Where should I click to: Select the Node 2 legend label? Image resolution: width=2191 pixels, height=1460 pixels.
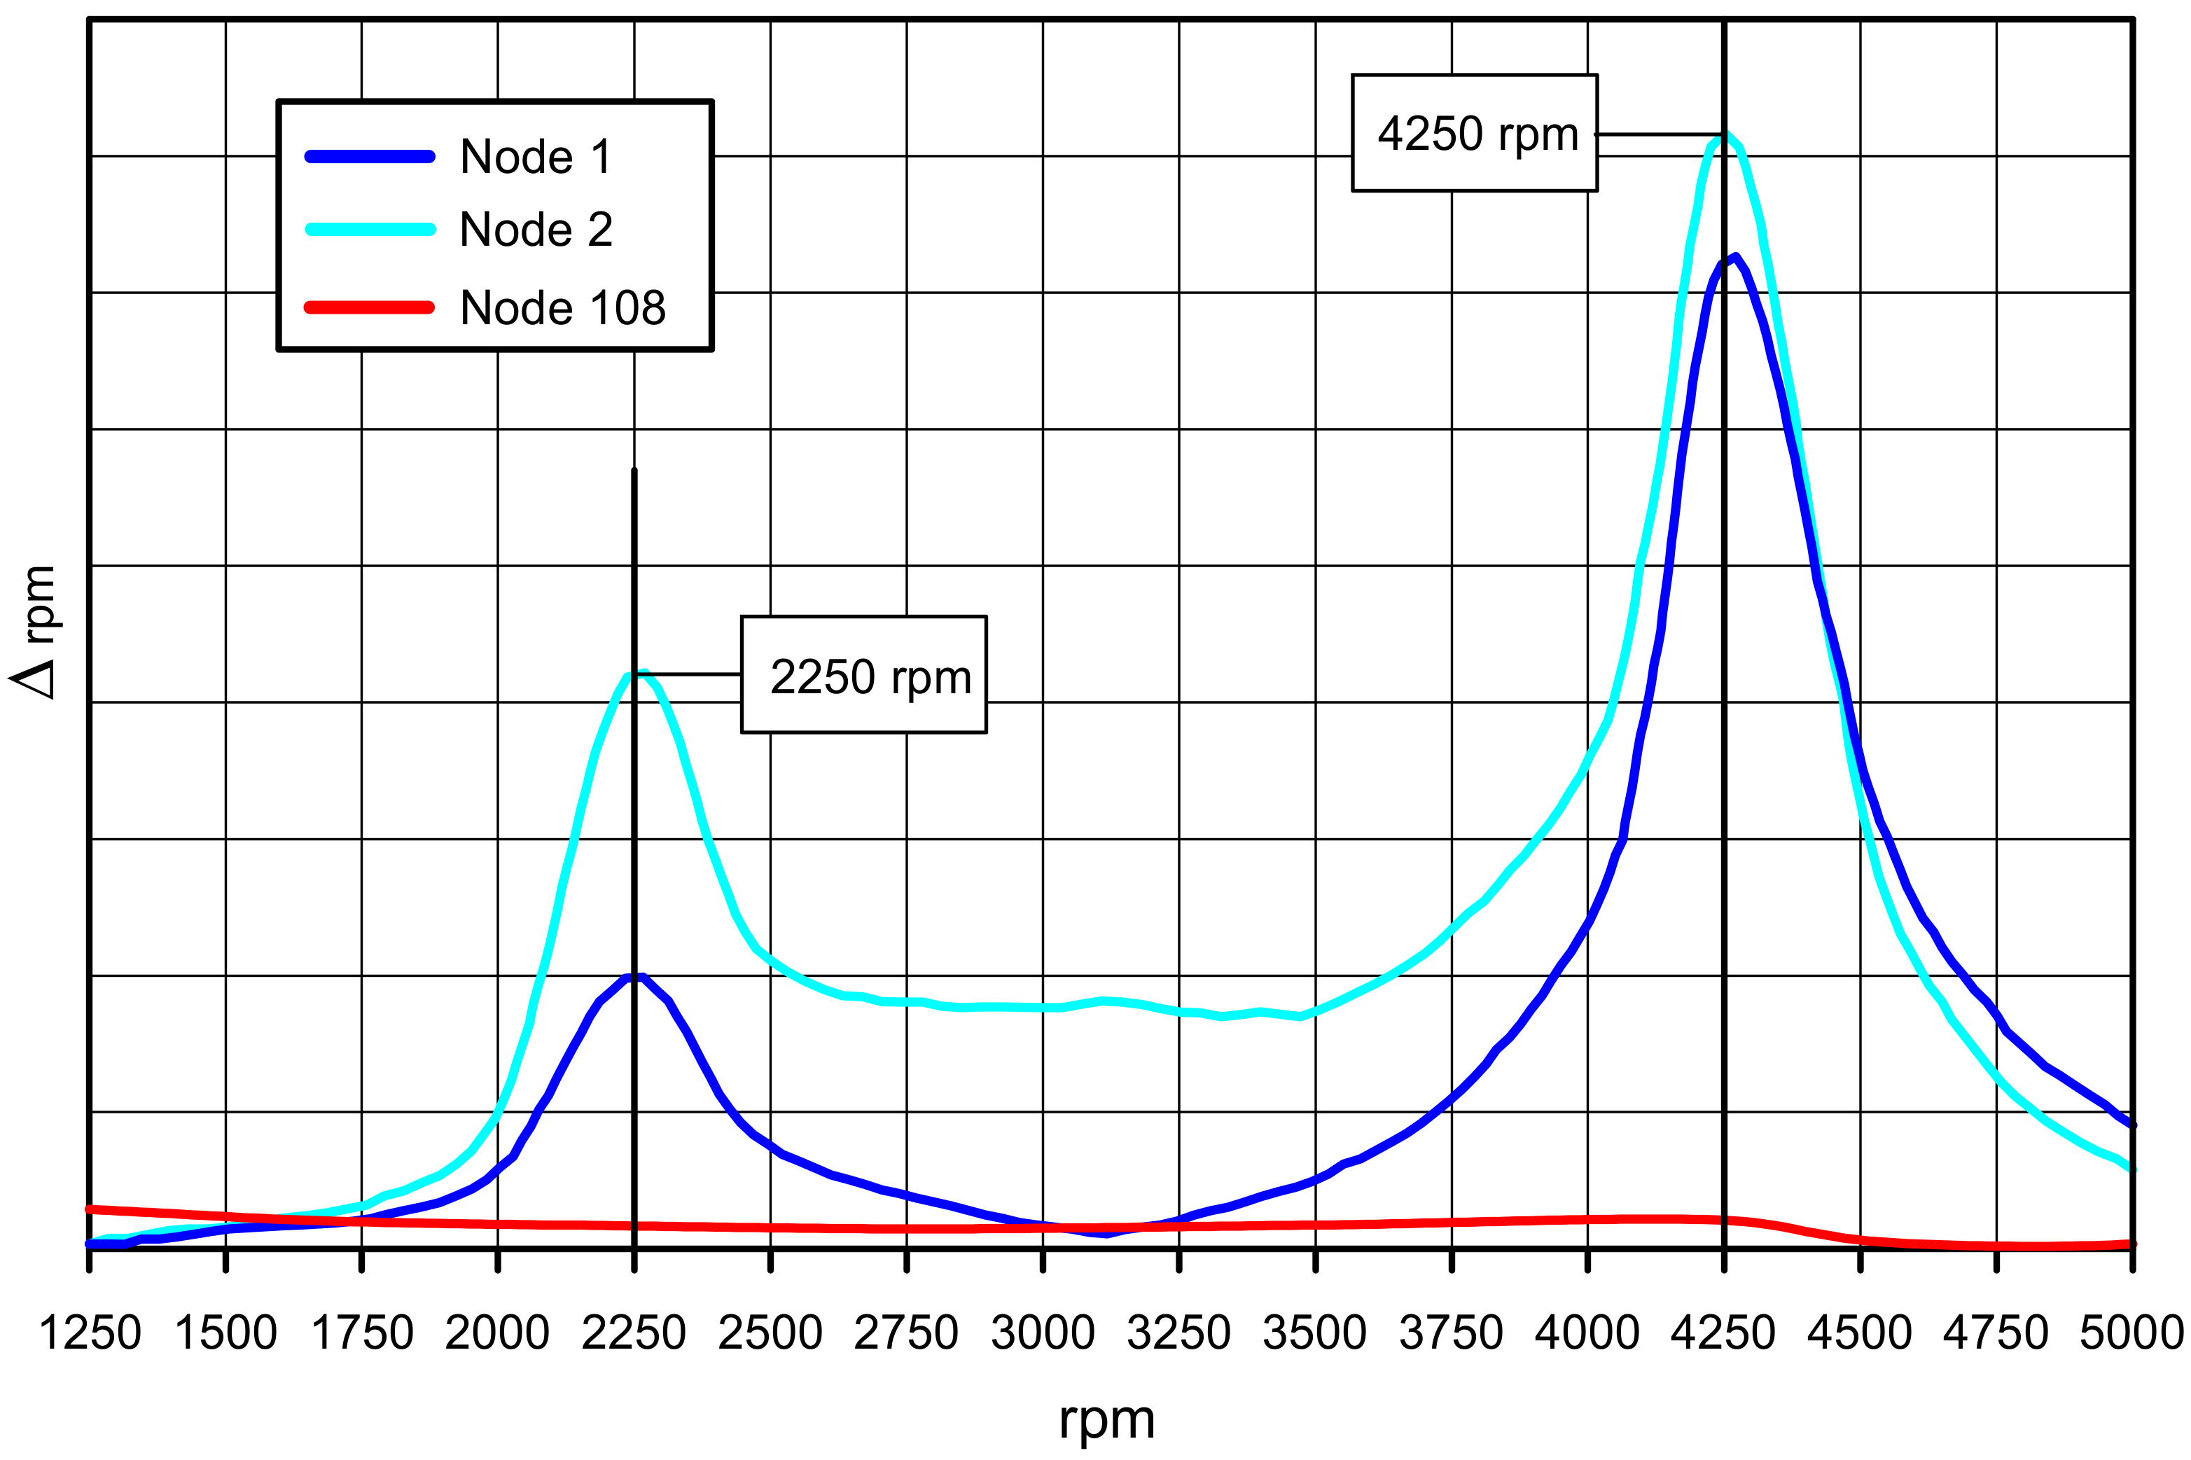tap(536, 230)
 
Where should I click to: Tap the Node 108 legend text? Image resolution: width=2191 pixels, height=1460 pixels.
tap(562, 308)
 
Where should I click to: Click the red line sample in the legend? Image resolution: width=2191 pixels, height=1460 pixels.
tap(370, 307)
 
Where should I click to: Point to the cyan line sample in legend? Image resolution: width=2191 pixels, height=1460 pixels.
tap(370, 230)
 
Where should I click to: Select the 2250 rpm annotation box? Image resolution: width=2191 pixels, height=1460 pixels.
tap(863, 675)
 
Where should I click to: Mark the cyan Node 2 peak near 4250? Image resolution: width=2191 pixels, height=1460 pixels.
tap(1725, 136)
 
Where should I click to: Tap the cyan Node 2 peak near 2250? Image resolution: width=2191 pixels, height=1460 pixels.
tap(641, 672)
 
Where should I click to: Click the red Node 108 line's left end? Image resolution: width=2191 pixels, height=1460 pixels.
tap(91, 1209)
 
